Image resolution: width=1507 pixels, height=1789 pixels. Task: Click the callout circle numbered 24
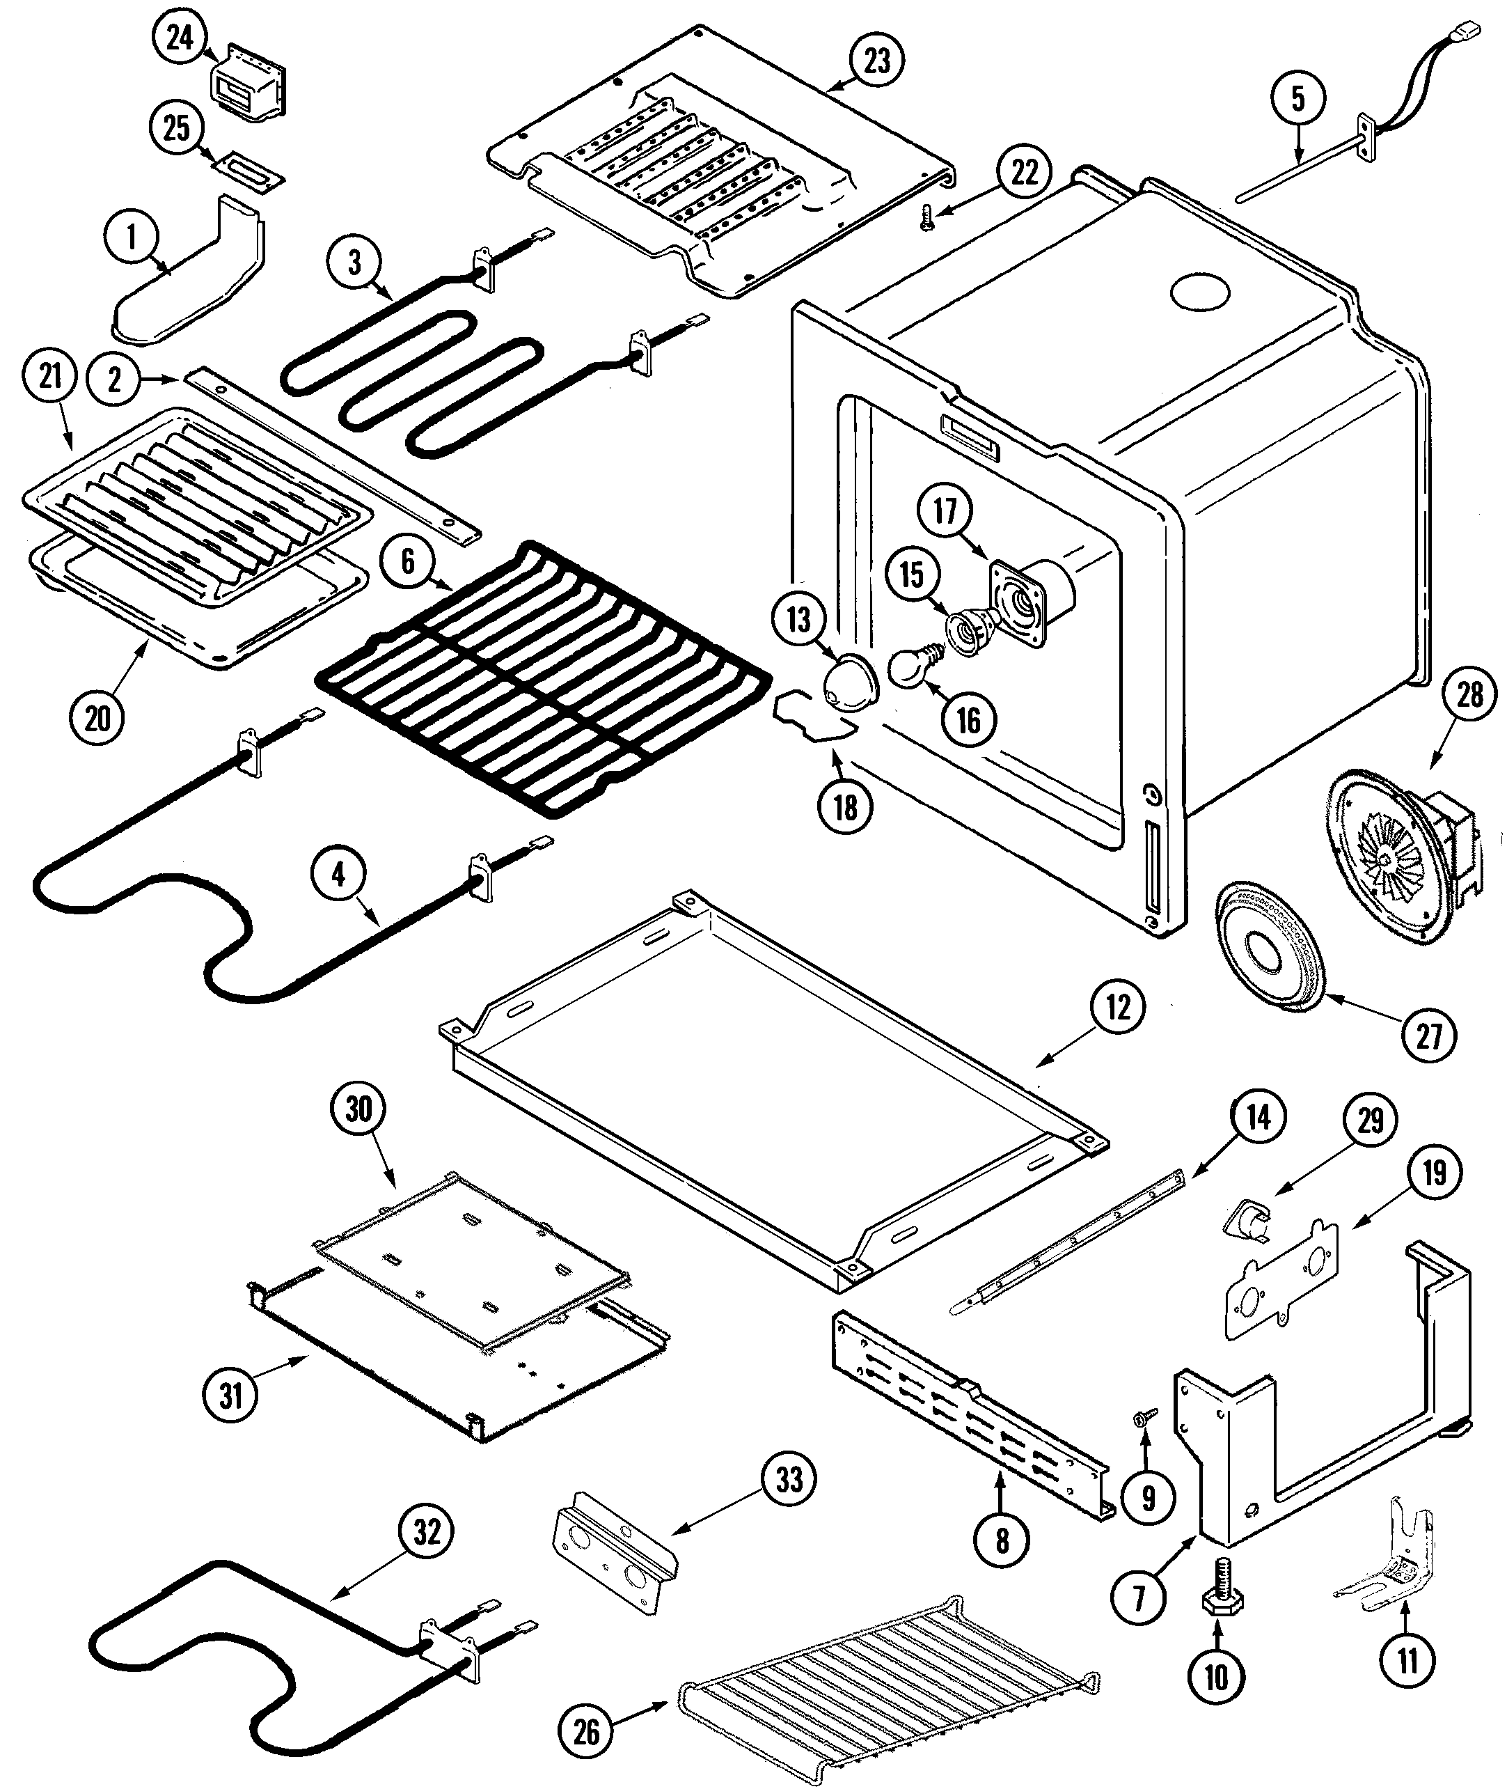point(180,38)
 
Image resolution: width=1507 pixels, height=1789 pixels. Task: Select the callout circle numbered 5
point(1297,99)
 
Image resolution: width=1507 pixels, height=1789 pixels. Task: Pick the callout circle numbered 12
point(1117,1008)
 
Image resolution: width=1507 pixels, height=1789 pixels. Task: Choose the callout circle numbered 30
point(358,1109)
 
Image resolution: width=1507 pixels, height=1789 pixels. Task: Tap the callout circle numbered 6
point(407,561)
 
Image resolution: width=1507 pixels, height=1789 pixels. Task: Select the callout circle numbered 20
point(97,718)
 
